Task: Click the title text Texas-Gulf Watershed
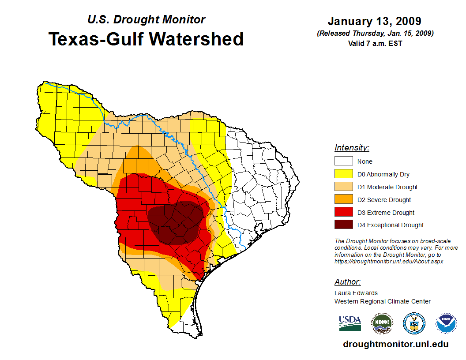[x=146, y=39]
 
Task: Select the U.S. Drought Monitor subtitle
[x=146, y=19]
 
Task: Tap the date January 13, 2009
[x=374, y=21]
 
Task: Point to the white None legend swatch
[x=343, y=161]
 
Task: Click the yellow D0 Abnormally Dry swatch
[x=343, y=174]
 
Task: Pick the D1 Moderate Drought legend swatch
[x=343, y=187]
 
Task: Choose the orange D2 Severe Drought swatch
[x=343, y=200]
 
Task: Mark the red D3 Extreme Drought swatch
[x=343, y=213]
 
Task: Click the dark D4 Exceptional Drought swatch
[x=343, y=225]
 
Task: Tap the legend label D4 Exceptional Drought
[x=391, y=225]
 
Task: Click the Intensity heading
[x=352, y=148]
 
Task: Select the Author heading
[x=347, y=282]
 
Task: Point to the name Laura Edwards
[x=356, y=293]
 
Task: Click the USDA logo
[x=350, y=323]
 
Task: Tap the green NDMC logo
[x=382, y=323]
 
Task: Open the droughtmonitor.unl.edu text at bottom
[x=395, y=345]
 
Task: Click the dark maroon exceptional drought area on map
[x=177, y=223]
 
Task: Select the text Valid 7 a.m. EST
[x=375, y=43]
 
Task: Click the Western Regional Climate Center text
[x=382, y=301]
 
